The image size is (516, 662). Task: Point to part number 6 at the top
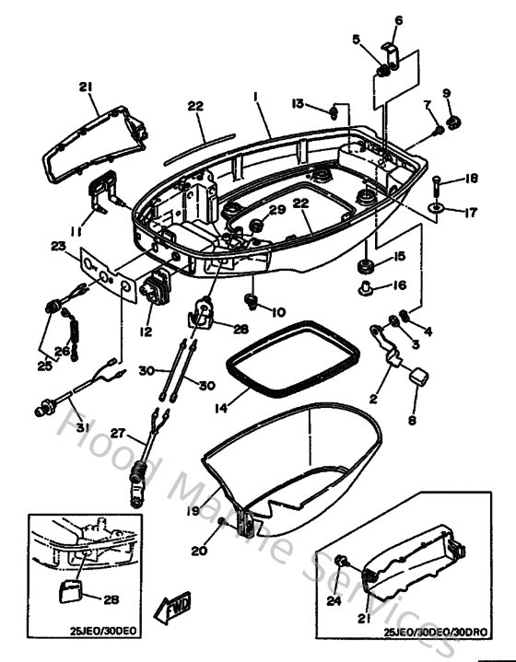tap(399, 19)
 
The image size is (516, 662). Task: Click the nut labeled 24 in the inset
tap(341, 562)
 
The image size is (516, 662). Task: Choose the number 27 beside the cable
tap(117, 434)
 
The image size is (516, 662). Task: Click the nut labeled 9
tap(453, 121)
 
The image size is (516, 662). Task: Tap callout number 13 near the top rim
tap(298, 103)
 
